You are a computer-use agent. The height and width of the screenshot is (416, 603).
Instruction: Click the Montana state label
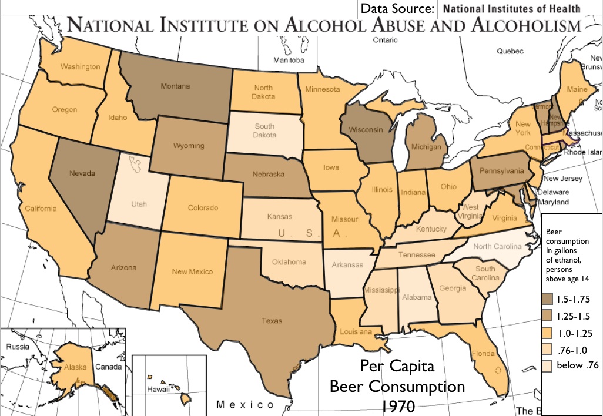175,86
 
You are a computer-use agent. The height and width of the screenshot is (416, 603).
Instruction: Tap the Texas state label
272,321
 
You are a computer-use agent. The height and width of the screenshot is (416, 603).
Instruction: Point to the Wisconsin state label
366,129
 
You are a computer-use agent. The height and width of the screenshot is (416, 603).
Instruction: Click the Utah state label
139,204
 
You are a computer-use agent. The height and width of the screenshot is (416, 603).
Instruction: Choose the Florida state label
481,354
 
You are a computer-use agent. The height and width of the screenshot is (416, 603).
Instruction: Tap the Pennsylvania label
501,171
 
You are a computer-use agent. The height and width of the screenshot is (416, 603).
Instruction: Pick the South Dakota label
264,130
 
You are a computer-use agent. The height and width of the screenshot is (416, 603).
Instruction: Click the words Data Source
397,9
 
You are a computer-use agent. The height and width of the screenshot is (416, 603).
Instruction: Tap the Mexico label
245,405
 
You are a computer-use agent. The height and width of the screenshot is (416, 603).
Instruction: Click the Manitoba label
289,61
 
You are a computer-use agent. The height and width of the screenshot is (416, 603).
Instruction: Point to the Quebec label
510,51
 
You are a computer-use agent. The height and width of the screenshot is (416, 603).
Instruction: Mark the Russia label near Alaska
18,347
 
